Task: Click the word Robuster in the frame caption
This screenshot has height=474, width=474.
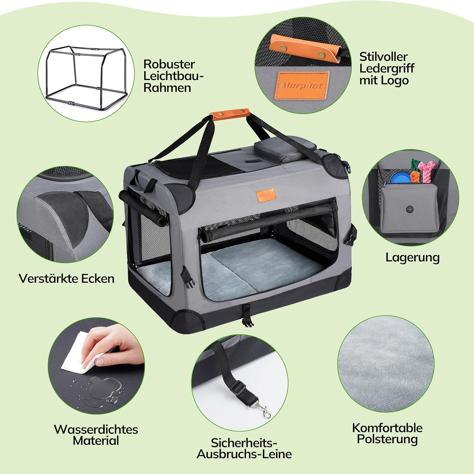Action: point(169,64)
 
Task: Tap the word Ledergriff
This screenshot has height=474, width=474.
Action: point(386,68)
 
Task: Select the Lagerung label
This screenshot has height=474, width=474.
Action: point(412,257)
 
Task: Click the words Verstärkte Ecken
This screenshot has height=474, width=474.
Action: point(66,279)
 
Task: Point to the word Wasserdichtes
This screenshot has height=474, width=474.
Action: point(96,429)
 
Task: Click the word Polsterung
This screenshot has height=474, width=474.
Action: point(387,439)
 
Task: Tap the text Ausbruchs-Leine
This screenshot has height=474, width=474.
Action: point(244,454)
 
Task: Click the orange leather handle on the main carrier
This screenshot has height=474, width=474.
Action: point(231,114)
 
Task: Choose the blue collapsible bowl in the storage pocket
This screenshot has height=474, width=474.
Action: point(400,178)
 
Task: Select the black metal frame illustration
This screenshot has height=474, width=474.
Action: point(85,78)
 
